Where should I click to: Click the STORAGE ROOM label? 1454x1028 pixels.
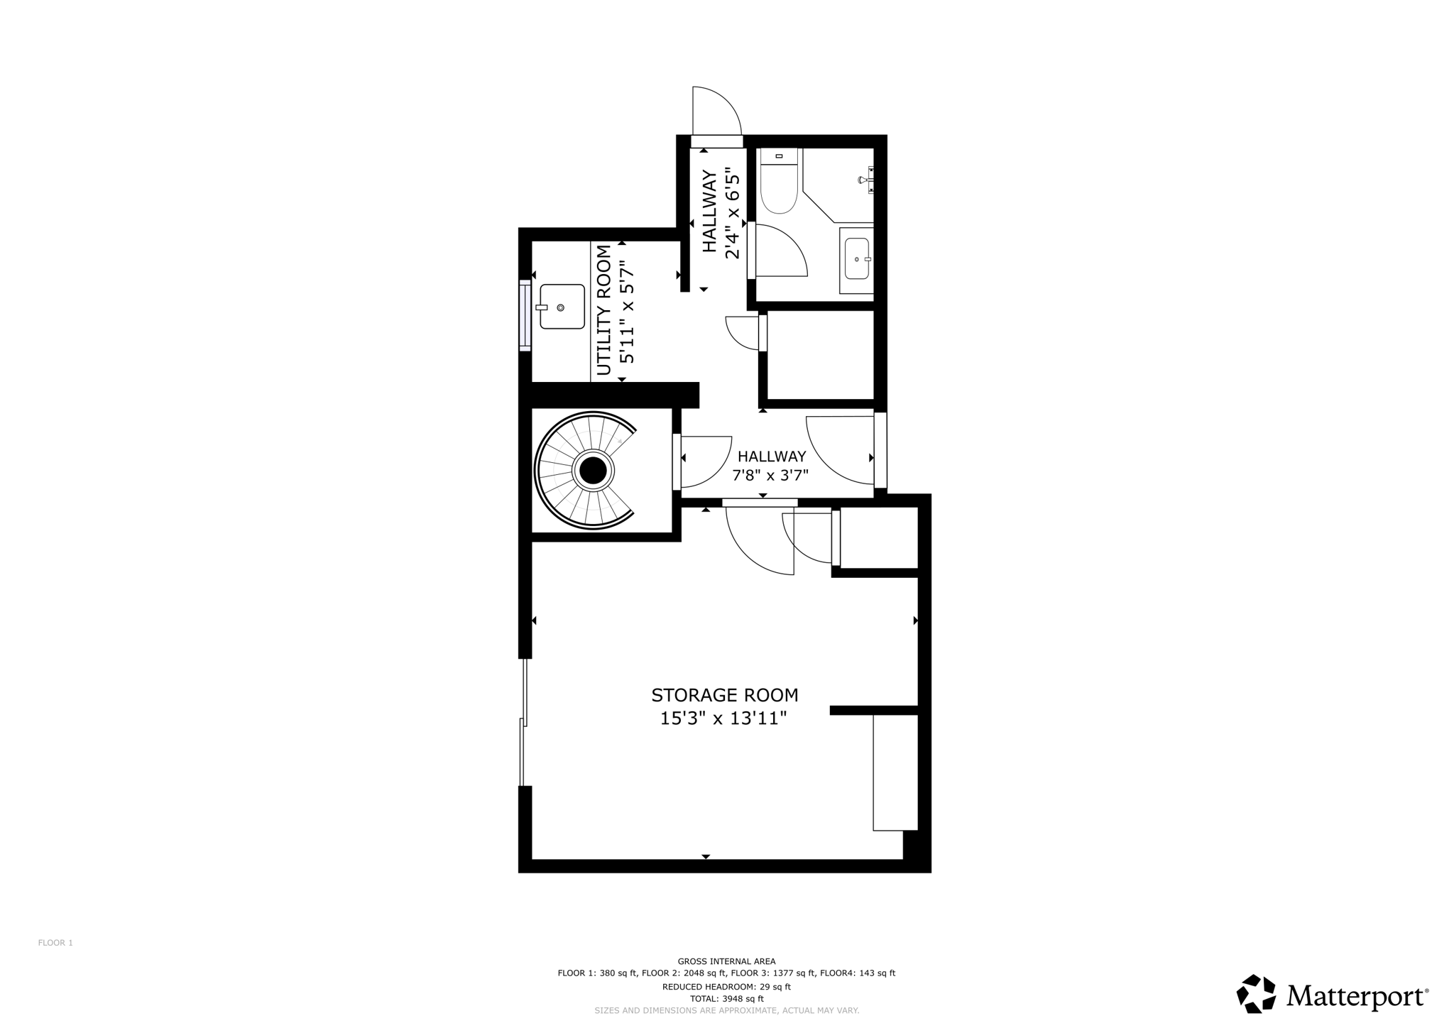(724, 695)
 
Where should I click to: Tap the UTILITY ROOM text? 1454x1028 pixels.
(604, 310)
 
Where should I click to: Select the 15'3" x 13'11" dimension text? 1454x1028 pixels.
(723, 718)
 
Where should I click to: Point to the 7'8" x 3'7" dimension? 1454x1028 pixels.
(770, 475)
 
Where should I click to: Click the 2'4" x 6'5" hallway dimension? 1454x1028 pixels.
(733, 213)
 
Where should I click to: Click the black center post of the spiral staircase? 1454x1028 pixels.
(593, 470)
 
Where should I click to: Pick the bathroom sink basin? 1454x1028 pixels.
(857, 258)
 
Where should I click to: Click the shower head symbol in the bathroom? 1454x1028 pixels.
(866, 180)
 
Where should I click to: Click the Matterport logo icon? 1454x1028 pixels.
(1257, 994)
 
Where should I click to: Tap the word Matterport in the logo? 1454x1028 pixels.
(1356, 997)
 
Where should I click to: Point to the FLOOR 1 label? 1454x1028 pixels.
(55, 943)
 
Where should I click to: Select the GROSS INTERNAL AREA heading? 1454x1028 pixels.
(726, 961)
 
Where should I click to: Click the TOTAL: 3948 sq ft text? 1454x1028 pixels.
(726, 998)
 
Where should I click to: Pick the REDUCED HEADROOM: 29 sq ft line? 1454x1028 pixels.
(726, 986)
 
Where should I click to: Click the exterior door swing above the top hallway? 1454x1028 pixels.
(717, 111)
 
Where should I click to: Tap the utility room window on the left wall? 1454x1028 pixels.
(525, 315)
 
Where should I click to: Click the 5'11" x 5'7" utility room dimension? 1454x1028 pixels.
(626, 312)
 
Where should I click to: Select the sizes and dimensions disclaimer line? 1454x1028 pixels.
(726, 1010)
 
